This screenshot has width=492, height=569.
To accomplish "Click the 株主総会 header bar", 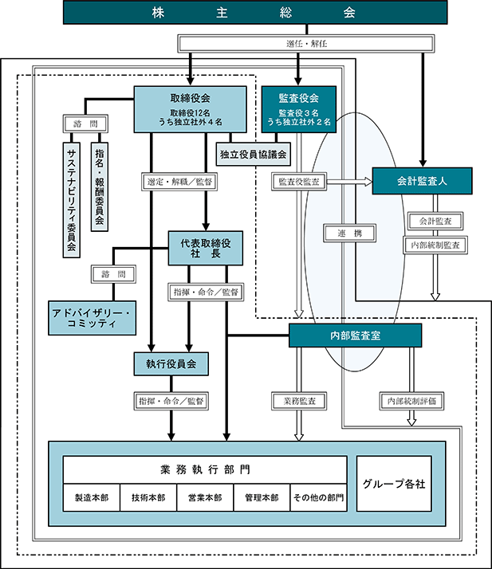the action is pyautogui.click(x=255, y=12).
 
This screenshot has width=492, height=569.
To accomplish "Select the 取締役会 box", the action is pyautogui.click(x=191, y=109).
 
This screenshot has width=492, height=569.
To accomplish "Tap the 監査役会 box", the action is pyautogui.click(x=299, y=109).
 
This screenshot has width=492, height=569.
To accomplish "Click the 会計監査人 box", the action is pyautogui.click(x=423, y=181).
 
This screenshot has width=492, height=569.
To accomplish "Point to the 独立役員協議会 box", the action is pyautogui.click(x=253, y=155).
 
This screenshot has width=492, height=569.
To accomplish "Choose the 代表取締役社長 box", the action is pyautogui.click(x=206, y=248).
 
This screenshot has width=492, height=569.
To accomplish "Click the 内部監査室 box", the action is pyautogui.click(x=355, y=336).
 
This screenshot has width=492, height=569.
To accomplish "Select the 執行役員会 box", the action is pyautogui.click(x=171, y=363).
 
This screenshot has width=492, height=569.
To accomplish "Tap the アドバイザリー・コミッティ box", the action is pyautogui.click(x=92, y=318).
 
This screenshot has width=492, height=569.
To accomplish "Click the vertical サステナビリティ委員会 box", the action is pyautogui.click(x=72, y=200).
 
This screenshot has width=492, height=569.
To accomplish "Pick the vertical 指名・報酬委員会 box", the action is pyautogui.click(x=100, y=186).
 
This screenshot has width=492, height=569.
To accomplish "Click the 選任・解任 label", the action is pyautogui.click(x=306, y=44).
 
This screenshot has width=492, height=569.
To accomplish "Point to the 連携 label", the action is pyautogui.click(x=349, y=233).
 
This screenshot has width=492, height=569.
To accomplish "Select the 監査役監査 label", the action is pyautogui.click(x=299, y=182).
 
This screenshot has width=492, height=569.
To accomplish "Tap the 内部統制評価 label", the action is pyautogui.click(x=411, y=401).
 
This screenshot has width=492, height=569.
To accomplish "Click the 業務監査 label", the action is pyautogui.click(x=299, y=401).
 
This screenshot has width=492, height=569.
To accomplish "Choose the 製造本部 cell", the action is pyautogui.click(x=92, y=497).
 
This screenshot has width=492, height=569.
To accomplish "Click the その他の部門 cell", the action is pyautogui.click(x=318, y=497).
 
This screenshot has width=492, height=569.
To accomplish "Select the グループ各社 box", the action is pyautogui.click(x=394, y=484).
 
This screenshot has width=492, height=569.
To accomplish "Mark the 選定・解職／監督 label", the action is pyautogui.click(x=179, y=182).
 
